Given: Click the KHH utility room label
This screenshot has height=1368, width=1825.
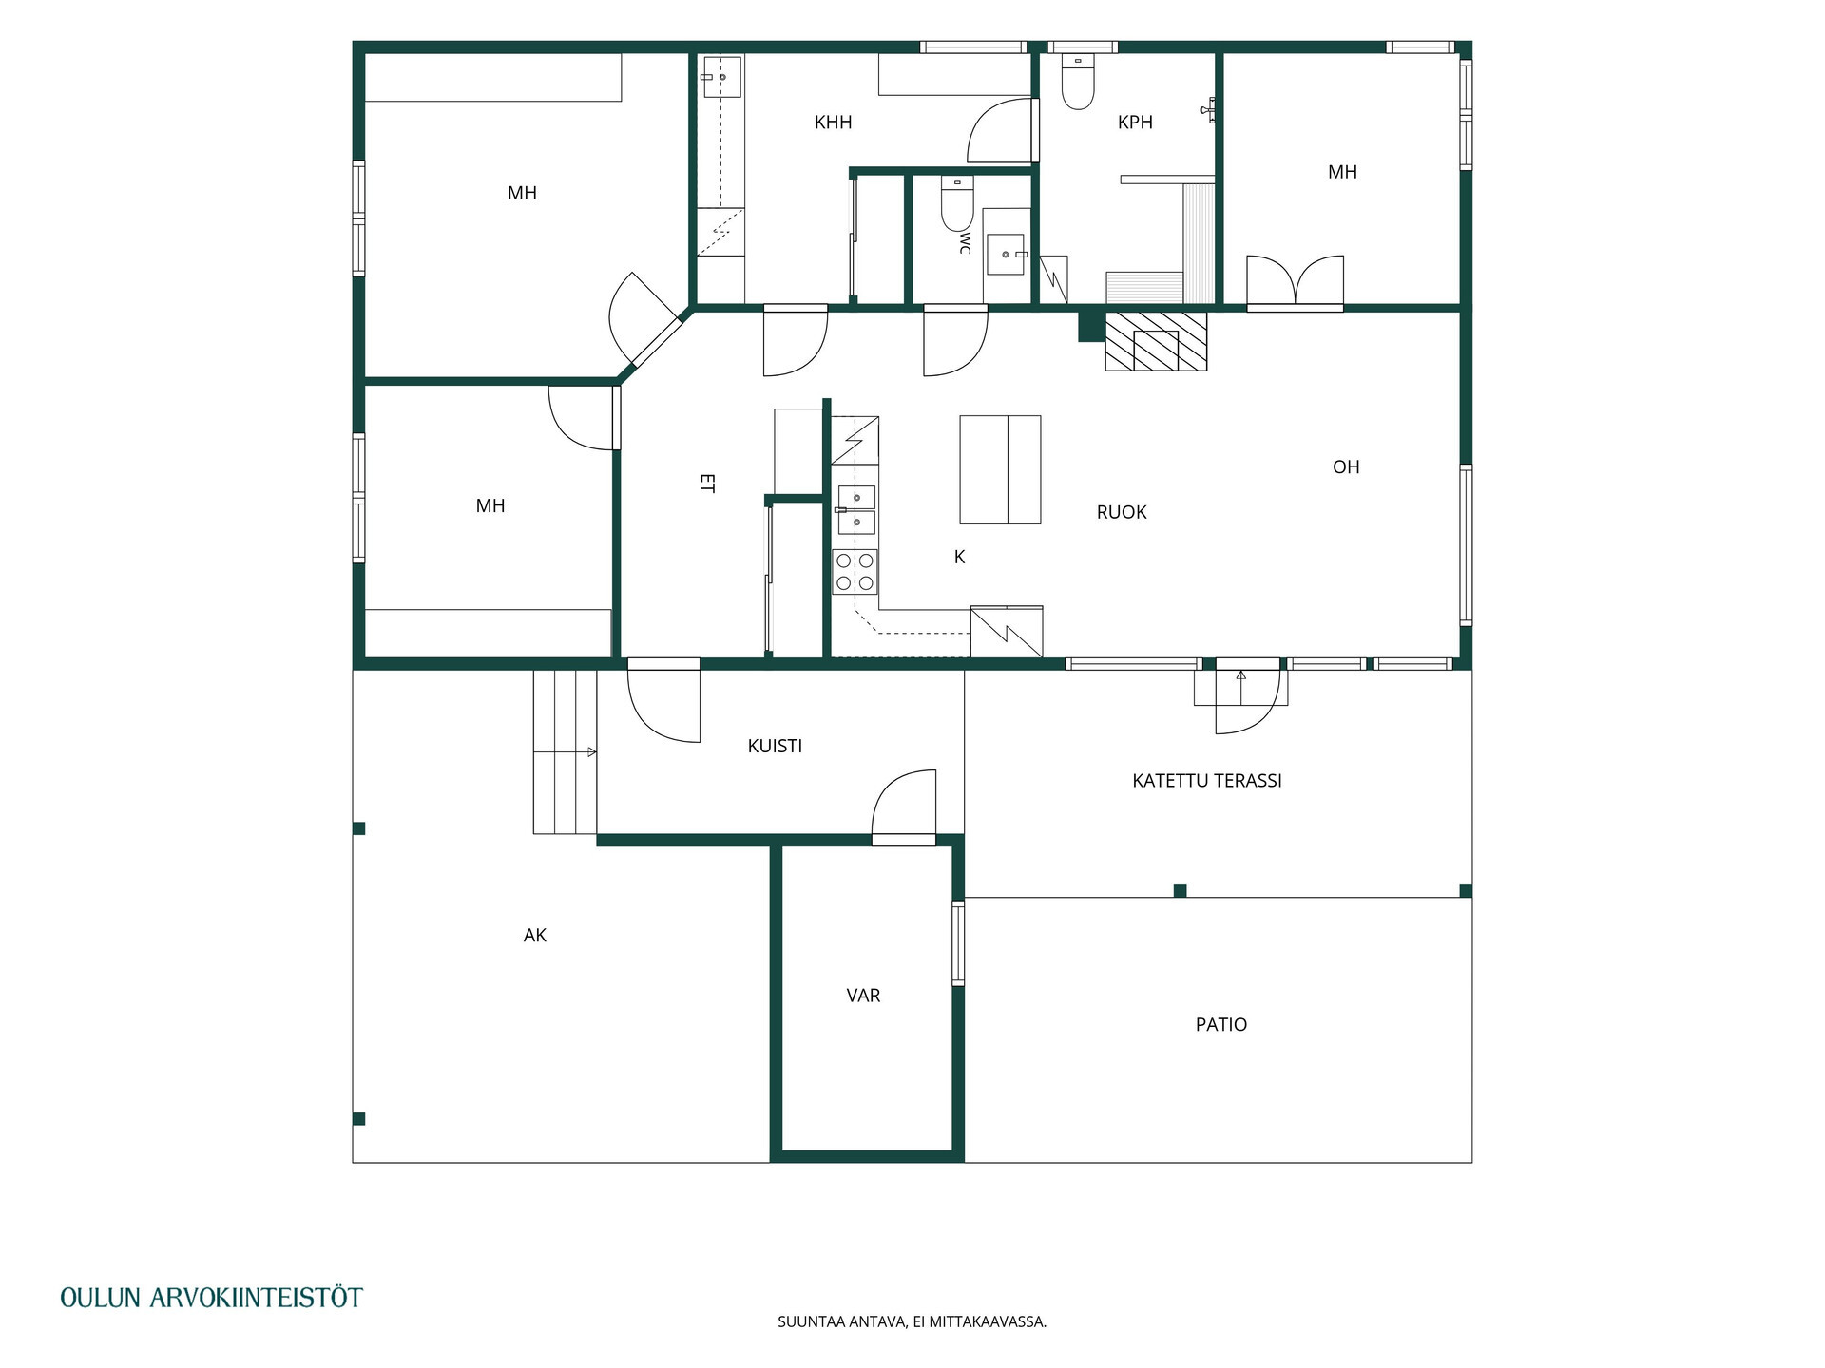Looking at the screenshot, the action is tap(833, 123).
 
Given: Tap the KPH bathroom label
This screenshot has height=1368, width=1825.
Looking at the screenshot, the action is tap(1135, 123).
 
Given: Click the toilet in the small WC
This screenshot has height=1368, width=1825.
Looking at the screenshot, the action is tap(957, 203).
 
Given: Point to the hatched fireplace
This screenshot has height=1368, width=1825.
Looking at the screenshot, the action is tap(1156, 340).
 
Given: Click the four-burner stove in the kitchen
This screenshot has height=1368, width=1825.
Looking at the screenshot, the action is tap(855, 572).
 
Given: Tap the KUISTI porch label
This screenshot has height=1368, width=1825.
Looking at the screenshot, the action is tap(775, 747).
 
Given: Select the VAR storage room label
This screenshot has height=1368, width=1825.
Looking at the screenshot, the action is tap(863, 996).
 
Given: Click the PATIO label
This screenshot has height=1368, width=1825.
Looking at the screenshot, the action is tap(1221, 1025).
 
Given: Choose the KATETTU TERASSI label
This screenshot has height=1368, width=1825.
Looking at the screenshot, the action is tap(1207, 781).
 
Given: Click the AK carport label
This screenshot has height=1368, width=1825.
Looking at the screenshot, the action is tap(535, 936).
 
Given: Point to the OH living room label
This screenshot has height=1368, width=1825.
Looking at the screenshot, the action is tap(1346, 467).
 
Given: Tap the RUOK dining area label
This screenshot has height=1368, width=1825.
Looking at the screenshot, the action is tap(1122, 513).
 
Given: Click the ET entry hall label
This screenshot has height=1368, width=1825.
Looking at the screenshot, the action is tap(707, 484).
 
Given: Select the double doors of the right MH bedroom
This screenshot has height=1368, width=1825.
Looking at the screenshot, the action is tap(1295, 282).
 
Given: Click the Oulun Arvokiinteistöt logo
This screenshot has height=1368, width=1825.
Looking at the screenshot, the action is tap(211, 1298).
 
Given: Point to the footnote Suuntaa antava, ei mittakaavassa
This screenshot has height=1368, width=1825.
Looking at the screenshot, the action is tap(912, 1321).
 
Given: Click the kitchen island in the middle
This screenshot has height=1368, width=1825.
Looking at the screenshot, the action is tap(1000, 469).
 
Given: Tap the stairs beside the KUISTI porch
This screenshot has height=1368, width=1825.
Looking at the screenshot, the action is tap(565, 751).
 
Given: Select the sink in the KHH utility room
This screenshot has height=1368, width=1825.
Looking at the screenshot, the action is tap(721, 77).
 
